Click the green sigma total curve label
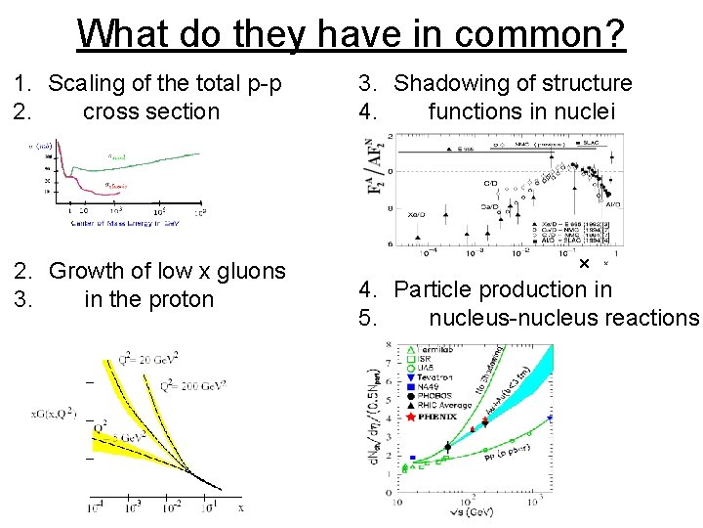point(116,156)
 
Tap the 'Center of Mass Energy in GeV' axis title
point(128,223)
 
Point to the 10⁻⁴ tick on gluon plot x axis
point(97,507)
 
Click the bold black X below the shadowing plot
point(583,264)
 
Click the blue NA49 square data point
point(413,457)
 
